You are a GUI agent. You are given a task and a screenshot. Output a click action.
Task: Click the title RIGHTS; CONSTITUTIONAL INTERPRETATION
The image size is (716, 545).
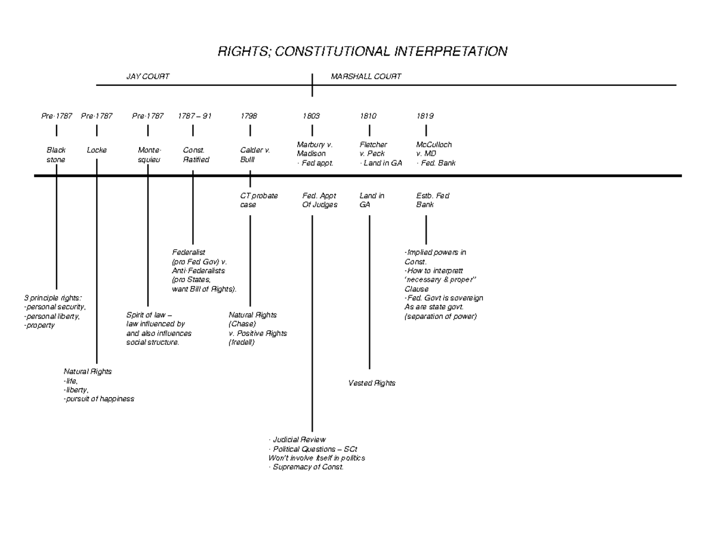pos(362,51)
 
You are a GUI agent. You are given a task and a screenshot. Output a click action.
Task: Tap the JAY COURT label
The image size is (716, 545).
pos(147,76)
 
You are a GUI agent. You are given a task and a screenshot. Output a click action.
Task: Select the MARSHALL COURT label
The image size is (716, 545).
pos(366,76)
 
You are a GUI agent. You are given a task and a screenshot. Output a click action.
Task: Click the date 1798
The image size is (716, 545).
pos(249,116)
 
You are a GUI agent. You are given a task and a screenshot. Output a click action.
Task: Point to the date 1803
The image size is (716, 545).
pos(311,116)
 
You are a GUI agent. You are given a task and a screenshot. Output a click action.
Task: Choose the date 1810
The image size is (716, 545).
pos(368,116)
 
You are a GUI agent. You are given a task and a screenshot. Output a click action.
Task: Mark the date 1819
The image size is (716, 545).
pos(425,116)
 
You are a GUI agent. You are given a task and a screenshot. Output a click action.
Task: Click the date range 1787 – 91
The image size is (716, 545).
pos(195,116)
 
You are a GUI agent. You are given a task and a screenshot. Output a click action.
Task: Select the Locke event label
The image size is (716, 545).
pos(97,150)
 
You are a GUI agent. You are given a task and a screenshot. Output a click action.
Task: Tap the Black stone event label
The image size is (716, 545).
pos(56,155)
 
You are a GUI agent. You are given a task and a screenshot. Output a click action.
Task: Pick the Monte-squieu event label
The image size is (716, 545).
pos(149,155)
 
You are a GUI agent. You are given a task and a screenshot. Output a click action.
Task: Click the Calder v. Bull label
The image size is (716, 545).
pos(255,155)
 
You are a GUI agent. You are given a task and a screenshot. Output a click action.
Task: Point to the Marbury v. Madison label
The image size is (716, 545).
pos(314,149)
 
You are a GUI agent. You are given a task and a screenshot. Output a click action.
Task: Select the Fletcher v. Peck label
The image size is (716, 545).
pos(374,149)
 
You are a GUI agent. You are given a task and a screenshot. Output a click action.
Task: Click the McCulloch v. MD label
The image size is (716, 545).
pos(434,149)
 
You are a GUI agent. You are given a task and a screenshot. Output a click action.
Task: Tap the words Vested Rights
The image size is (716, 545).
pos(372,383)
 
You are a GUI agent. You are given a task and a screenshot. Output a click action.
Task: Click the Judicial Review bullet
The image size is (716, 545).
pos(299,440)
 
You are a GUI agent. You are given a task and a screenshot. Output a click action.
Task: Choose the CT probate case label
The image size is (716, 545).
pos(258,200)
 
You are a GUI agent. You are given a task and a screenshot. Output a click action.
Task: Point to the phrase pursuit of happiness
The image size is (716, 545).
pos(100,399)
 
